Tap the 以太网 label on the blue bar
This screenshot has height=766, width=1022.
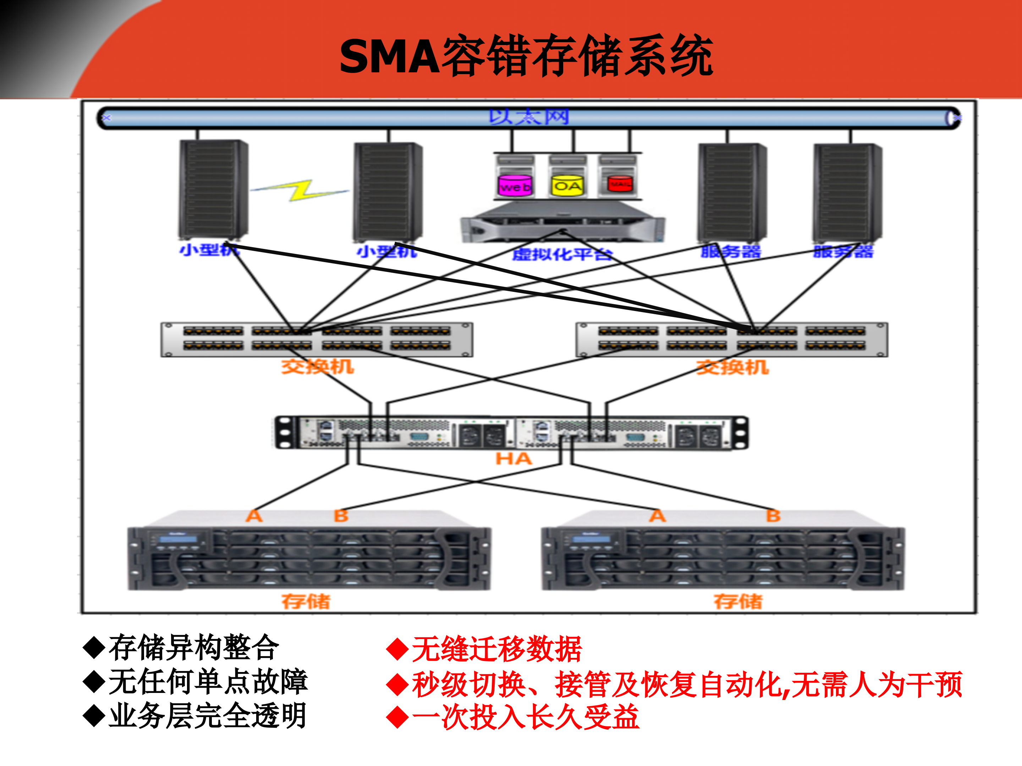529,117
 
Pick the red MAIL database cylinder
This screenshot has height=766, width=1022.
619,184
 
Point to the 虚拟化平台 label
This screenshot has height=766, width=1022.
562,254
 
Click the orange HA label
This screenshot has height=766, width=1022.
513,459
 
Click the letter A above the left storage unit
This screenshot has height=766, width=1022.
254,516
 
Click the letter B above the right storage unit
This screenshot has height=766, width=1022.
773,516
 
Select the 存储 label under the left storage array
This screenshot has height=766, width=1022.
306,601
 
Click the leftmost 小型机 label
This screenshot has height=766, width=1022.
209,250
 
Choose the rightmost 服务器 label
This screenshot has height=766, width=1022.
843,252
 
